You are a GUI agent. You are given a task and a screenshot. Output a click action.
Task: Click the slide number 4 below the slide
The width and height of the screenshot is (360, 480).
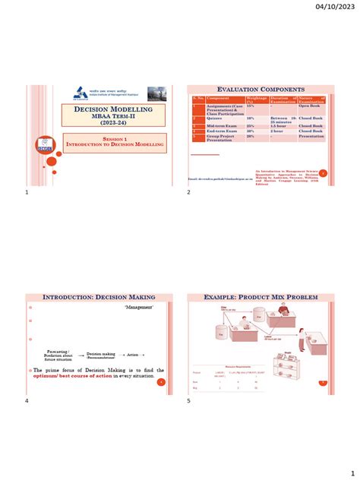[27, 400]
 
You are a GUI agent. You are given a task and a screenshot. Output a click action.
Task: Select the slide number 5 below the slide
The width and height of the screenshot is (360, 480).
[188, 400]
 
